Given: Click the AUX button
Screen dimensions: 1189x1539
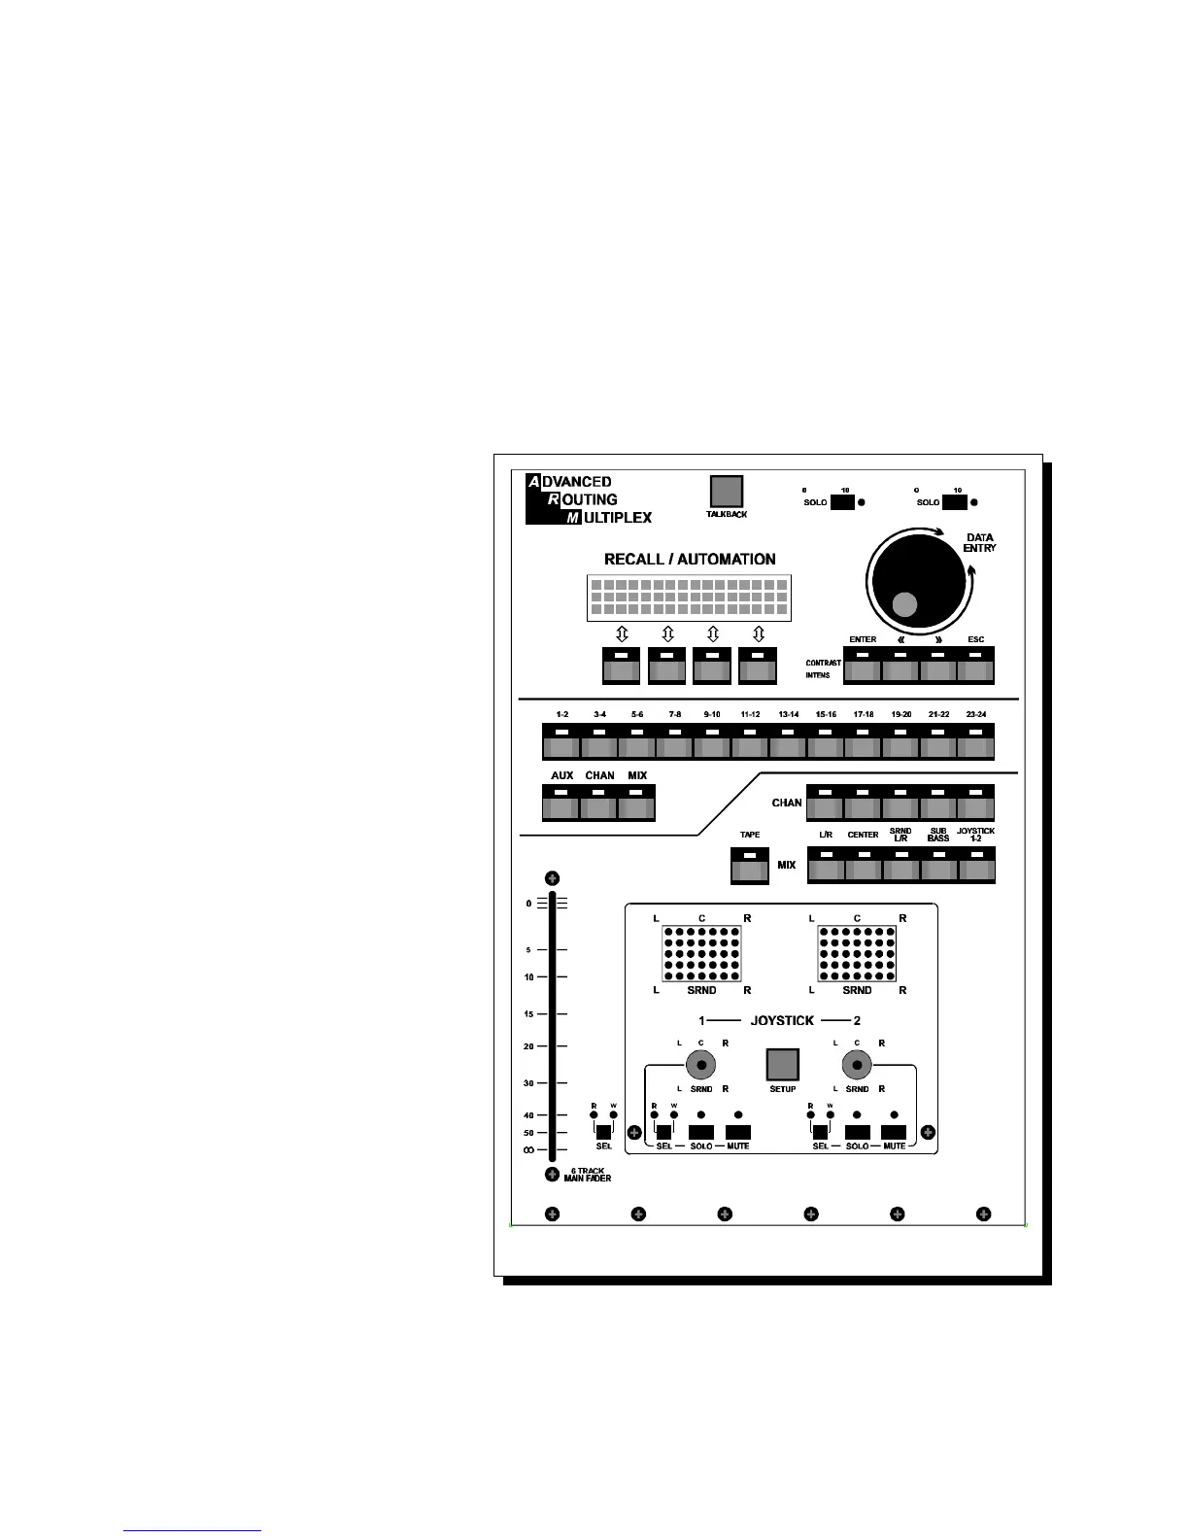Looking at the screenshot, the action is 561,804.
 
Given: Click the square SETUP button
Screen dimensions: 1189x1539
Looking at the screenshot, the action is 782,1064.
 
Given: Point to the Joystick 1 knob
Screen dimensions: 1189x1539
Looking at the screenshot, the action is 700,1066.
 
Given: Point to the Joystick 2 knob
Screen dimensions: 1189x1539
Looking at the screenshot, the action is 856,1066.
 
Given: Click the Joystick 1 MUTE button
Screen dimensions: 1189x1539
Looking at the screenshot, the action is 738,1132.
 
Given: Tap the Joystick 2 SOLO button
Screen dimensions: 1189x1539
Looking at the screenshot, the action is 857,1132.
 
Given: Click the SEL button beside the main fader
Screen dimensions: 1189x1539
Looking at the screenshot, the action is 603,1132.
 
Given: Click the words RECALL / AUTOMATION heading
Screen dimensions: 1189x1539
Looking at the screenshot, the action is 690,560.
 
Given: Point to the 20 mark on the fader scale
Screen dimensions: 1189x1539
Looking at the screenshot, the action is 529,1046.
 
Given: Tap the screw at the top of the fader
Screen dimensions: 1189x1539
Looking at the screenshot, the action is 552,877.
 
